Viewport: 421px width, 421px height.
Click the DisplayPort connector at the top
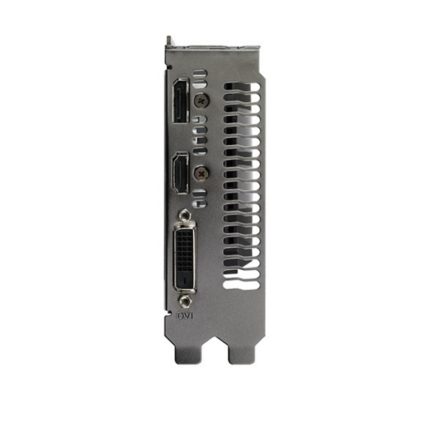(180, 101)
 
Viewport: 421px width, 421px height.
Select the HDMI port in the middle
(180, 172)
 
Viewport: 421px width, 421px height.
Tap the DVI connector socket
(185, 257)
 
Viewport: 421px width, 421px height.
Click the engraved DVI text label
(185, 316)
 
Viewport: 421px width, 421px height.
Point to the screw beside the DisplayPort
(201, 101)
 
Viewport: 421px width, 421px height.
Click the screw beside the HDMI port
(201, 173)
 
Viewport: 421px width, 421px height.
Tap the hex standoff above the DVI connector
(185, 215)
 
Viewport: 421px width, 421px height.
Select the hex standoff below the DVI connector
(185, 301)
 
